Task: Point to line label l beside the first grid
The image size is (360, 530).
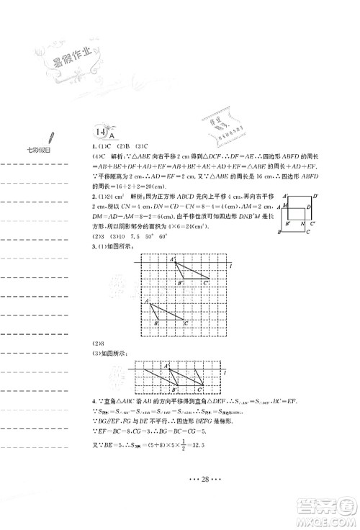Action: click(229, 267)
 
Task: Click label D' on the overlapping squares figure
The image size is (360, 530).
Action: click(315, 216)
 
